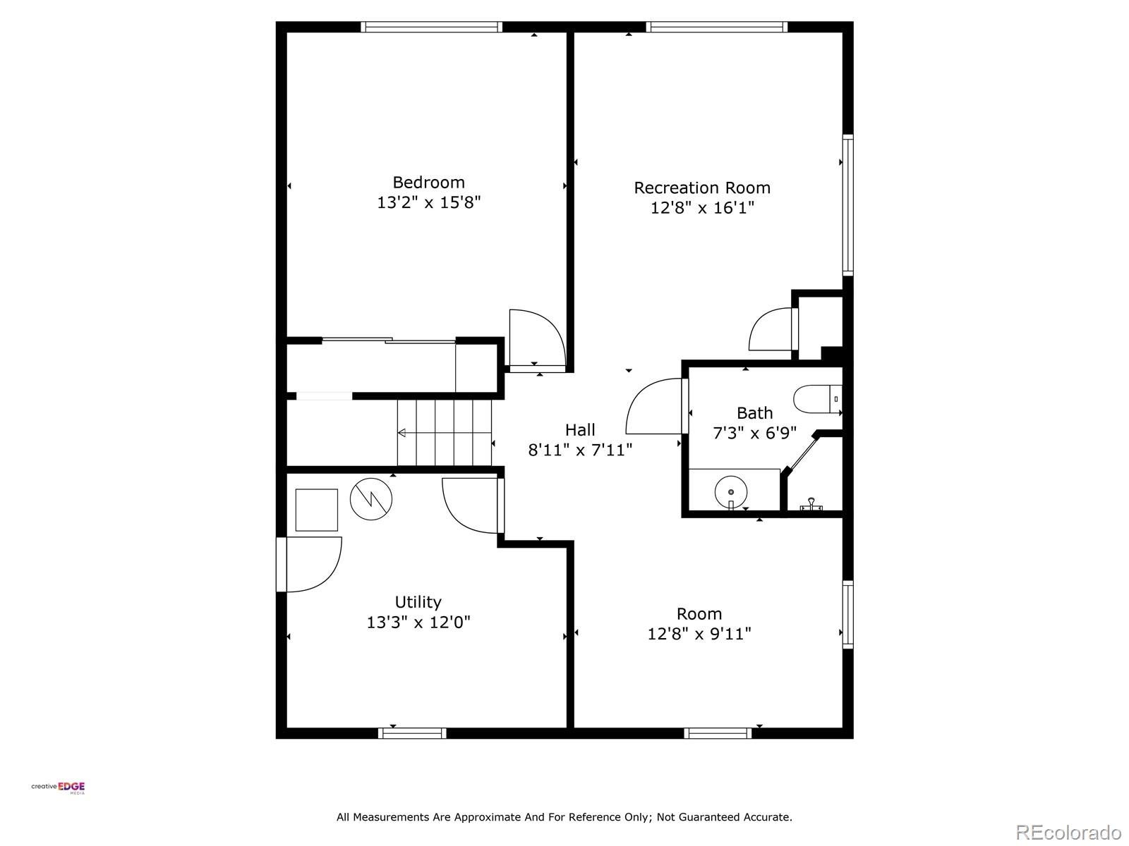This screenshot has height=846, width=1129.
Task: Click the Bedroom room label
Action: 428,182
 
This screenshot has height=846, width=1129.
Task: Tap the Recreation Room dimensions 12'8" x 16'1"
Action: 702,208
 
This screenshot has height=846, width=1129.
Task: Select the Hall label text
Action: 580,429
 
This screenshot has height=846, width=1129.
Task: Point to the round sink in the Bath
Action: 731,491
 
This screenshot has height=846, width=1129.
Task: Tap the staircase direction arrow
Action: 402,433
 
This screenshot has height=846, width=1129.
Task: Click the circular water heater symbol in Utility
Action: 371,499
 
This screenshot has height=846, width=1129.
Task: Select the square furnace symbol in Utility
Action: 316,510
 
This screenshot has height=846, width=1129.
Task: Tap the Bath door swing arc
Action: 653,407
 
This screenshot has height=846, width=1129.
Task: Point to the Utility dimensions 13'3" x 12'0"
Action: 418,623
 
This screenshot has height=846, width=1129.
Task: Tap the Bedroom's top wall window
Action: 431,27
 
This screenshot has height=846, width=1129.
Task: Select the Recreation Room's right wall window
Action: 848,204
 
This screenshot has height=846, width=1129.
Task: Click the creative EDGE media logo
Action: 58,787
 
